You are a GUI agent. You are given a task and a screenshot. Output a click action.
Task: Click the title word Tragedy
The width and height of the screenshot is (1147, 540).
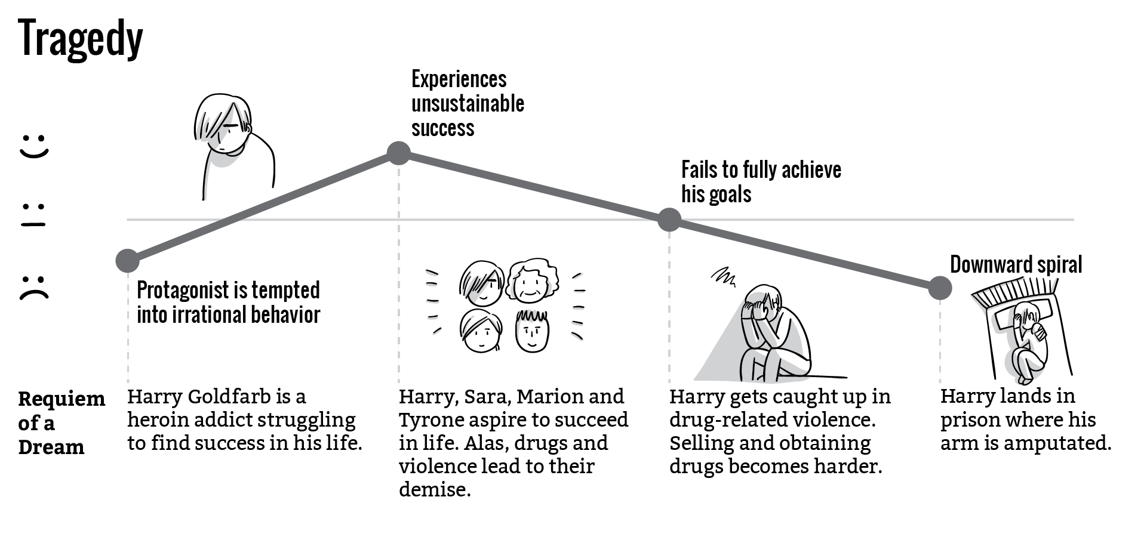(x=81, y=39)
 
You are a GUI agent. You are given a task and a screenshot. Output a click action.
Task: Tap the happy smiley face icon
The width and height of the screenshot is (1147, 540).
(x=34, y=146)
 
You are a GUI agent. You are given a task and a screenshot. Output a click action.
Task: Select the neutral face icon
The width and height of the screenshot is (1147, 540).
(x=34, y=215)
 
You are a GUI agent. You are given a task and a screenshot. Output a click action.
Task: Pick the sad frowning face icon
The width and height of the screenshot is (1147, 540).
(x=34, y=287)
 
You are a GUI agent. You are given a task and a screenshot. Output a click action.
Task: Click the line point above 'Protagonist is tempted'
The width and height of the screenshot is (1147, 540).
(x=127, y=260)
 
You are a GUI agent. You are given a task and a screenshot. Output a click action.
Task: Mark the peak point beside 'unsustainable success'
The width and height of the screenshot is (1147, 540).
(x=398, y=153)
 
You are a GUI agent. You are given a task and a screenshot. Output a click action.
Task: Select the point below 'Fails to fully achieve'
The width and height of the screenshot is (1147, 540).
(x=669, y=220)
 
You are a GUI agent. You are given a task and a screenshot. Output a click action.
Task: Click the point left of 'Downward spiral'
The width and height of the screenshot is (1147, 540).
(x=940, y=288)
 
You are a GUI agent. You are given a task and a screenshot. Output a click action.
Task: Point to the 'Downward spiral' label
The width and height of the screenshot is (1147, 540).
(x=1016, y=264)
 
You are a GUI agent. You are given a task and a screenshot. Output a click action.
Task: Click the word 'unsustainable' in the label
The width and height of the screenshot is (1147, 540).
(x=468, y=104)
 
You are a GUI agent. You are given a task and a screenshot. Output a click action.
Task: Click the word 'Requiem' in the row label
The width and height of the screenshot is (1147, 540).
(x=61, y=399)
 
